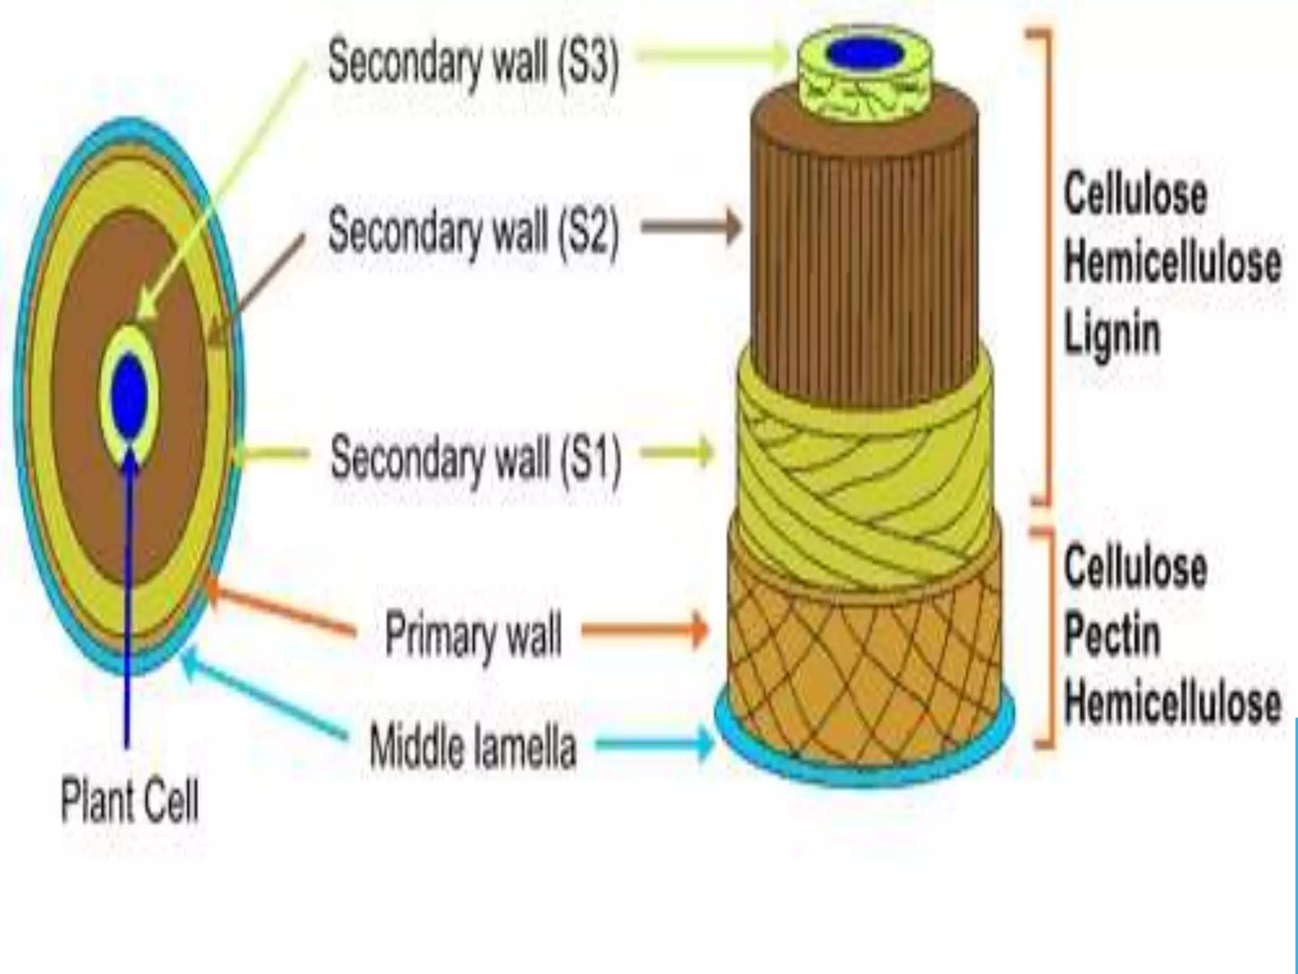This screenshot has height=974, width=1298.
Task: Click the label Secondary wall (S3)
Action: [473, 63]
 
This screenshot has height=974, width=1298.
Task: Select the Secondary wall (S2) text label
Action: [473, 231]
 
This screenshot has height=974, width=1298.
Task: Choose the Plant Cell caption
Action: [129, 802]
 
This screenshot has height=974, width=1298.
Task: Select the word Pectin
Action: [1112, 634]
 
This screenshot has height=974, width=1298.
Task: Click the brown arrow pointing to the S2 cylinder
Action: [691, 227]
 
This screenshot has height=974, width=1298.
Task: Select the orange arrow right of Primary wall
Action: [644, 630]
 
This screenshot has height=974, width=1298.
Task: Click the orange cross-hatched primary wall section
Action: [865, 666]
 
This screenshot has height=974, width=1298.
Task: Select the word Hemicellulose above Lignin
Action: [1173, 263]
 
